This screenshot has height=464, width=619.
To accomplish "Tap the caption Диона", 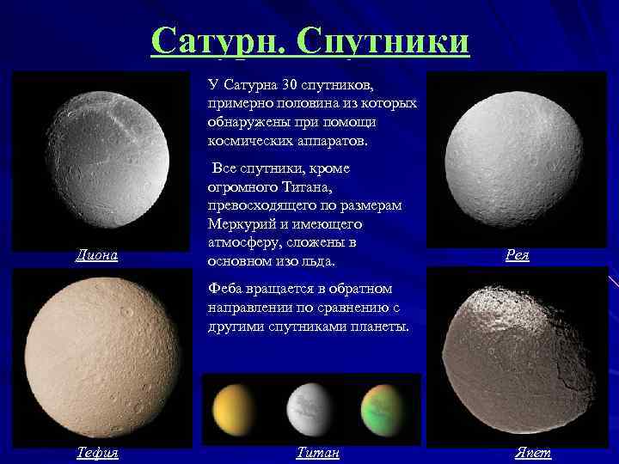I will [x=95, y=255].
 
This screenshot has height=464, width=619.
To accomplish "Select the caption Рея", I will [x=517, y=255].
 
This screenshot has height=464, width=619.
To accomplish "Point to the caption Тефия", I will [x=95, y=453].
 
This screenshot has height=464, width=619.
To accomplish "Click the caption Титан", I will [x=317, y=453].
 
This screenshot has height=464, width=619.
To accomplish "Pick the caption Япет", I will [x=533, y=453].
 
